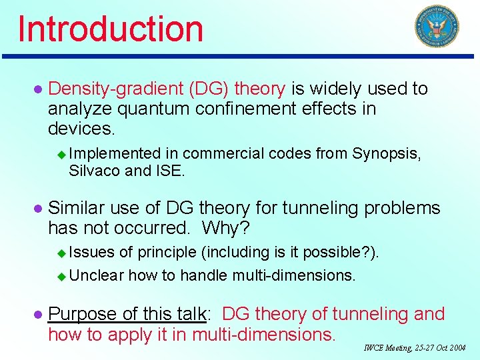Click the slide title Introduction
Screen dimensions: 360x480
[111, 29]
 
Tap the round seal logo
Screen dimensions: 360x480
[437, 27]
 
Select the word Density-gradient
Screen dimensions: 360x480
[115, 89]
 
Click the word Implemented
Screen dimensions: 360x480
[115, 153]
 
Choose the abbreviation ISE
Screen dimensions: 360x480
[170, 171]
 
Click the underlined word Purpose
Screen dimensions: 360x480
[85, 314]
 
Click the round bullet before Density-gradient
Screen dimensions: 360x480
[37, 89]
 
